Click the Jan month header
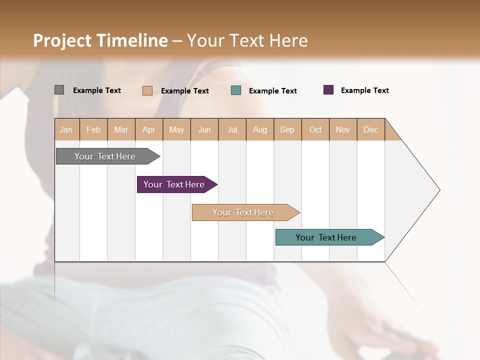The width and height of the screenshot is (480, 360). pyautogui.click(x=66, y=130)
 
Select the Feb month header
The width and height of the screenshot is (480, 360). pyautogui.click(x=93, y=130)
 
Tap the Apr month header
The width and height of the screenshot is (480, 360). pyautogui.click(x=148, y=130)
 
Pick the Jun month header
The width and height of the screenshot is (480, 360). pyautogui.click(x=204, y=130)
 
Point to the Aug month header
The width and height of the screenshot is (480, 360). pyautogui.click(x=259, y=130)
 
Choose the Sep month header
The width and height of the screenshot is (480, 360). pyautogui.click(x=287, y=130)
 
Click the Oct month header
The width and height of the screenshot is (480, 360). pyautogui.click(x=315, y=130)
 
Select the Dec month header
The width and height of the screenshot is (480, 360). pyautogui.click(x=370, y=130)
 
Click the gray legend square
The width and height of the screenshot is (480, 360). pyautogui.click(x=59, y=90)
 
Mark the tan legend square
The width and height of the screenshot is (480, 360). pyautogui.click(x=147, y=90)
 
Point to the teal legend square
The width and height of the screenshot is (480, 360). pyautogui.click(x=236, y=90)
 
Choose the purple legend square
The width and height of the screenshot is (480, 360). pyautogui.click(x=328, y=90)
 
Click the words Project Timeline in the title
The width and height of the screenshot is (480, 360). pyautogui.click(x=100, y=40)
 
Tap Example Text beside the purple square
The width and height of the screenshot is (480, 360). pyautogui.click(x=364, y=90)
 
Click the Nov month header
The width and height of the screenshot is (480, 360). pyautogui.click(x=343, y=130)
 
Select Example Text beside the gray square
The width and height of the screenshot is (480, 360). pyautogui.click(x=97, y=90)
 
